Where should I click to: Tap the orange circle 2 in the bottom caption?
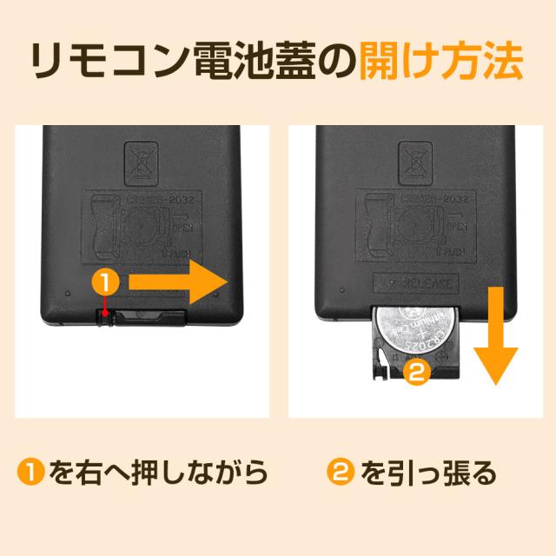pos(341,473)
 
